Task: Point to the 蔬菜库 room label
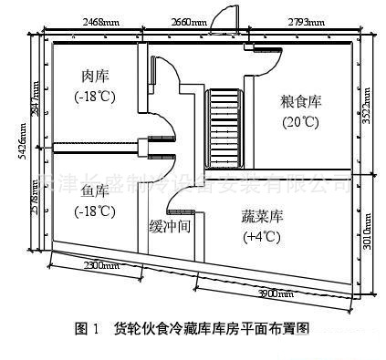[x=260, y=217]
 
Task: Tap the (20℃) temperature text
[x=301, y=122]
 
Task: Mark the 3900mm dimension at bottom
[x=274, y=293]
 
